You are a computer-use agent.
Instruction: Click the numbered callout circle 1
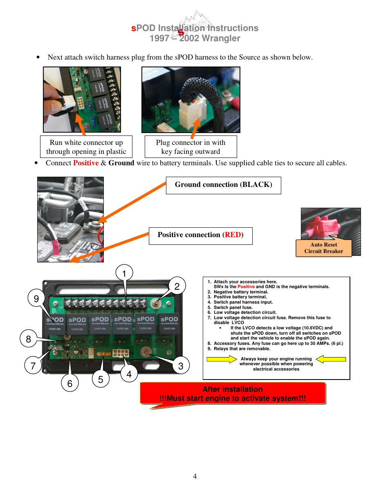click(124, 273)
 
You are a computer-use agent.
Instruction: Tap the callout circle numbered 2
click(177, 286)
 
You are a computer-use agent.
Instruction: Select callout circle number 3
click(181, 366)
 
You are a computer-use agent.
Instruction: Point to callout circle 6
click(70, 383)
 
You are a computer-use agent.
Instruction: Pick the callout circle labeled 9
click(36, 298)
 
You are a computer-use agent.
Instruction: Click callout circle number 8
click(29, 339)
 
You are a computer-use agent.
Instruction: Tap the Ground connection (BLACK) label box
click(223, 185)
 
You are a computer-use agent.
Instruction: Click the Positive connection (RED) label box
click(200, 235)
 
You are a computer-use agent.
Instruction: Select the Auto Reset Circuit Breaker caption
click(323, 248)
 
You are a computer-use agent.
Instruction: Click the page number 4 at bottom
click(195, 476)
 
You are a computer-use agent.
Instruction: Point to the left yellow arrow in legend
click(221, 359)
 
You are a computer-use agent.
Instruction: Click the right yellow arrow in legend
click(331, 359)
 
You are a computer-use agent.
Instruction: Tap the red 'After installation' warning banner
click(233, 393)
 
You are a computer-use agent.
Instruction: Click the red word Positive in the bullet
click(86, 163)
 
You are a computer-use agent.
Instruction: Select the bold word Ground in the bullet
click(121, 163)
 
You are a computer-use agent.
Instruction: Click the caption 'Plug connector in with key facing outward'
click(191, 147)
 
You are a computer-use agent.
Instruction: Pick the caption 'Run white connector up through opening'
click(86, 147)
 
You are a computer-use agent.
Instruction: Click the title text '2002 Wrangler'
click(210, 38)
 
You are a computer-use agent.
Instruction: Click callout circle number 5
click(101, 379)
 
